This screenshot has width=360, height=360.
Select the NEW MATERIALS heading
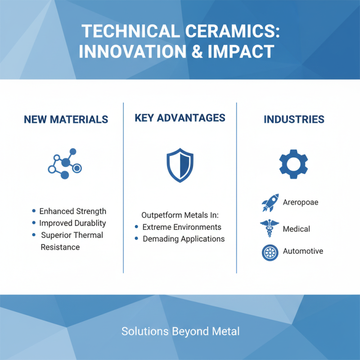click(x=66, y=120)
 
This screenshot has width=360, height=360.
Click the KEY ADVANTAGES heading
click(x=180, y=118)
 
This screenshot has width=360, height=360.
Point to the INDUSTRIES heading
click(x=294, y=120)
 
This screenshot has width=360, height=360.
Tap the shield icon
click(x=180, y=165)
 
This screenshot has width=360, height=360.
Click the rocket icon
click(x=270, y=203)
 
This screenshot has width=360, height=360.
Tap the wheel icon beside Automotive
click(x=270, y=252)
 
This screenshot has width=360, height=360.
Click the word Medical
click(x=296, y=229)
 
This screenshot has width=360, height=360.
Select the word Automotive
click(x=303, y=251)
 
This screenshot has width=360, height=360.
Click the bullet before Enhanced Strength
click(x=34, y=211)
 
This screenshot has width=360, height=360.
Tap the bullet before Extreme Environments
click(x=136, y=227)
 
